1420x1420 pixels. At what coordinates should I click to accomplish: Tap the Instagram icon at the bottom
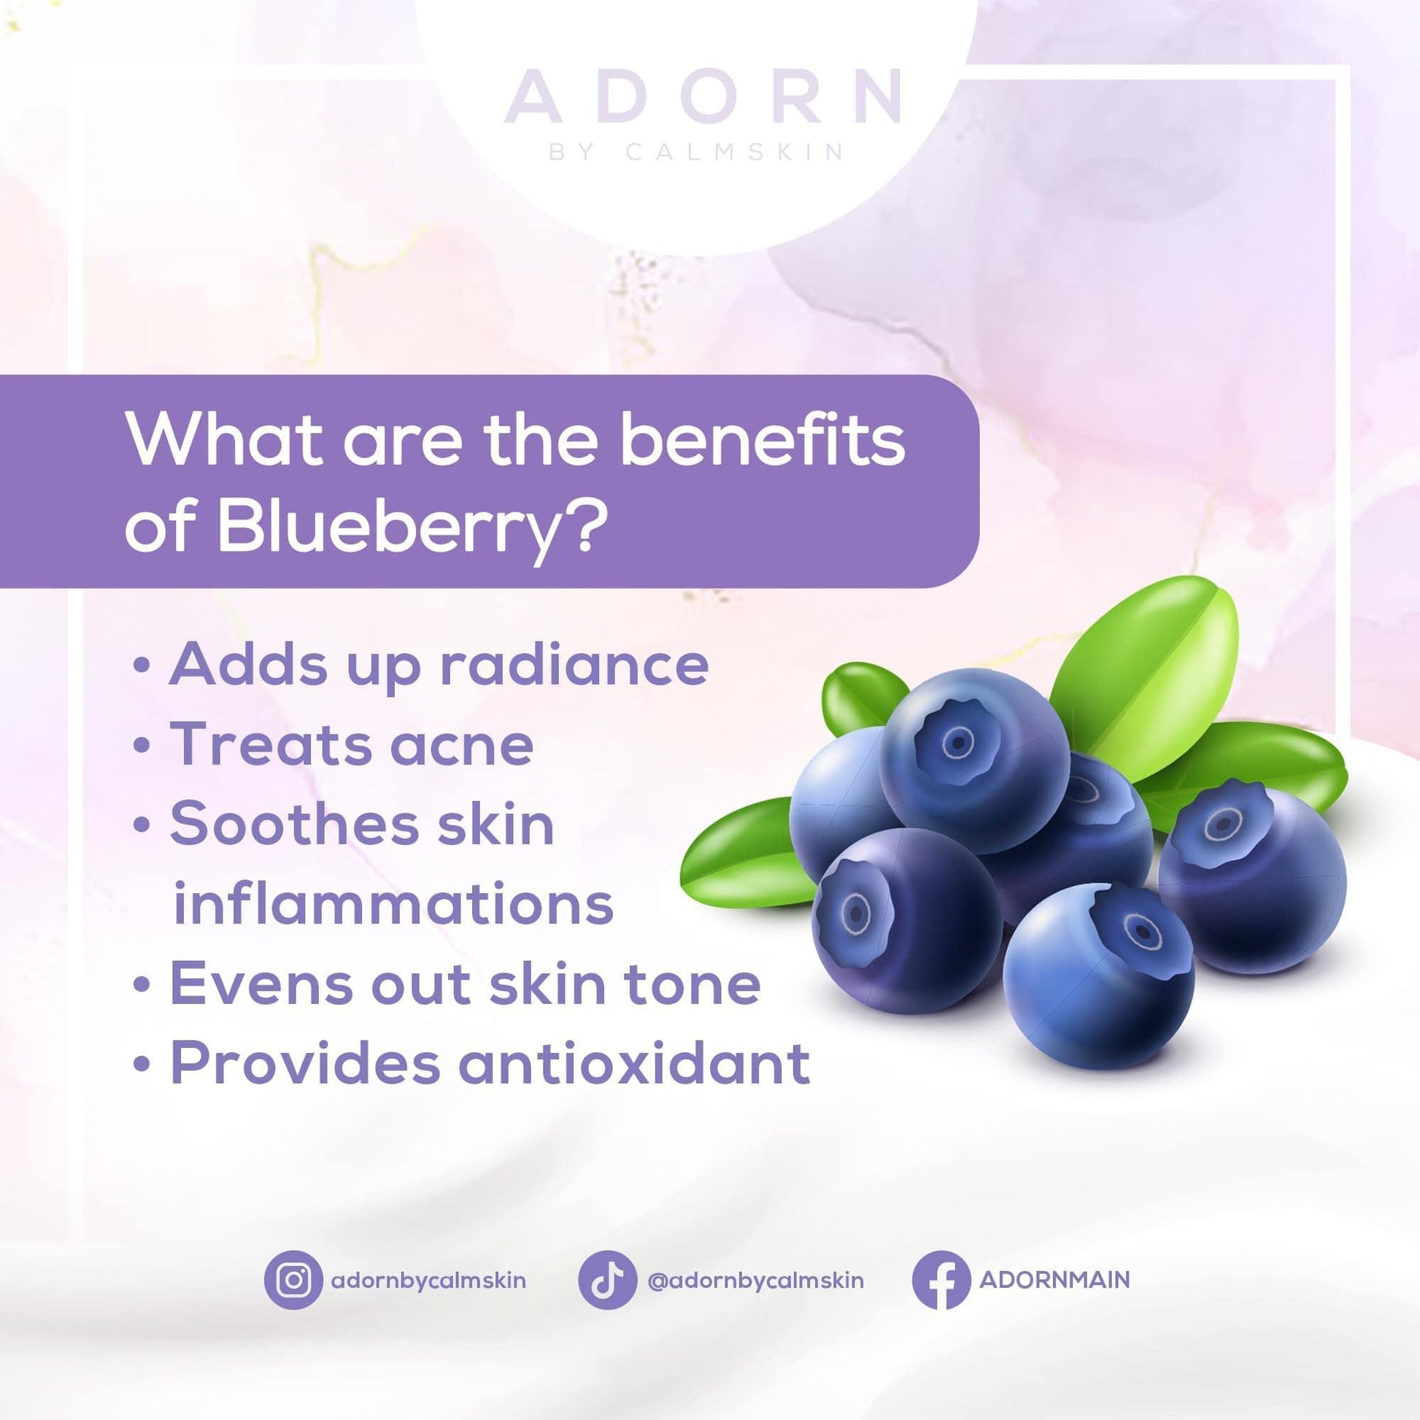293,1280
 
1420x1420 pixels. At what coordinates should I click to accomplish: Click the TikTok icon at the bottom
607,1280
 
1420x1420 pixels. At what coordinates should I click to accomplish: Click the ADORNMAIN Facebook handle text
1054,1280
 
